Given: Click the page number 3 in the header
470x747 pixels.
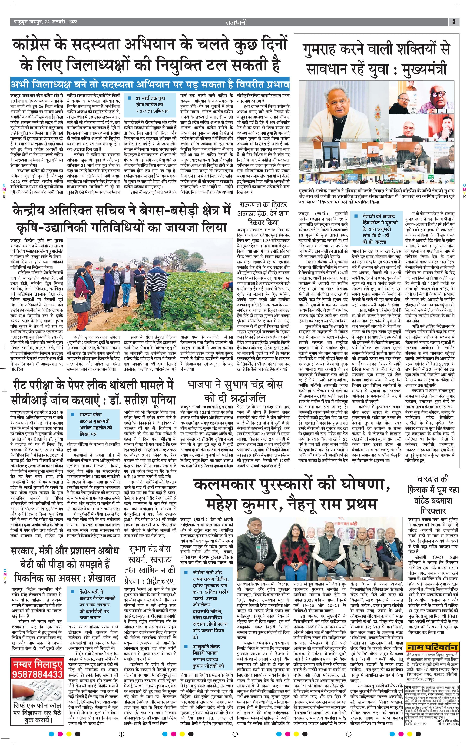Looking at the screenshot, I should coord(454,22).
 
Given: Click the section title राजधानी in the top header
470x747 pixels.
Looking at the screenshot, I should coord(236,22).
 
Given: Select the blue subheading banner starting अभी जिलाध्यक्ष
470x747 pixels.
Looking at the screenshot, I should coord(150,84).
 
